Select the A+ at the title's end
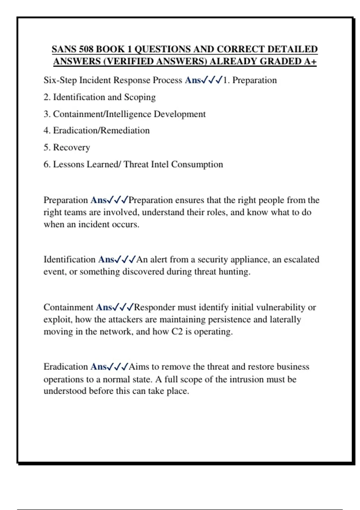click(310, 61)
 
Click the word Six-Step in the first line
click(60, 80)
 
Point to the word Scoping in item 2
click(140, 97)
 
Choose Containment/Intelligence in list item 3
click(102, 114)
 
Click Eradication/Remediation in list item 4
click(101, 130)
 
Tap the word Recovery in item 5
click(71, 148)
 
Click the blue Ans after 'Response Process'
click(193, 80)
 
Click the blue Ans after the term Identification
click(106, 259)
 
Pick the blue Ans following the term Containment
click(104, 307)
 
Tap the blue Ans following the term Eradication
click(98, 367)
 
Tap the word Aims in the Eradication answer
click(139, 367)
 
